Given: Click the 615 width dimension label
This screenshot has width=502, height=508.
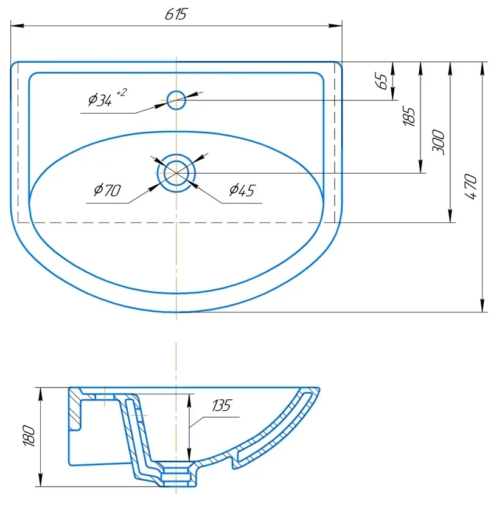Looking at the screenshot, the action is (x=176, y=14).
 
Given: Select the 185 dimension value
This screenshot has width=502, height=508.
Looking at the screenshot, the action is (x=409, y=115).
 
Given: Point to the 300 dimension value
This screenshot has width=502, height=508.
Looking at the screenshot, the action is (x=438, y=142).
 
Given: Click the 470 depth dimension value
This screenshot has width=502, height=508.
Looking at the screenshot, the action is (x=470, y=187).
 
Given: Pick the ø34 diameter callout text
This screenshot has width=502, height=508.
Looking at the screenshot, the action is (x=100, y=100).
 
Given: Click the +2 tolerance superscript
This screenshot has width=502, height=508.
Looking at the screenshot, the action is (x=121, y=92).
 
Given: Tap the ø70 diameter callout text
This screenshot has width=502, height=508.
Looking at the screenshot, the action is (x=108, y=190).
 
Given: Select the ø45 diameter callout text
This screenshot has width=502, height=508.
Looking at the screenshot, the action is (x=242, y=190).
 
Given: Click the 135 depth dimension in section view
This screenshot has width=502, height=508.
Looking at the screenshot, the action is (x=222, y=405).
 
